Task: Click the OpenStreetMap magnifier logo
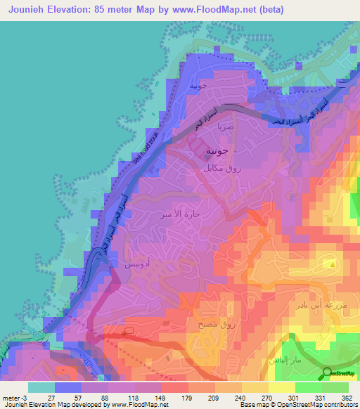[328, 373]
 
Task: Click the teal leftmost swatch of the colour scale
[41, 387]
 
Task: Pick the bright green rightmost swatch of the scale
[335, 387]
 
